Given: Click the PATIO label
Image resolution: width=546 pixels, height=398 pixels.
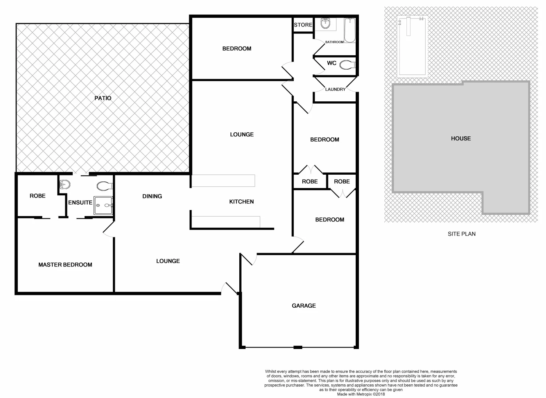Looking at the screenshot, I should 103,98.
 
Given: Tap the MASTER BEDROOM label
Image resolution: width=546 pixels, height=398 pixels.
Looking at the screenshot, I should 65,265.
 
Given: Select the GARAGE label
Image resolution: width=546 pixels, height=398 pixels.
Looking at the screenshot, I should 304,306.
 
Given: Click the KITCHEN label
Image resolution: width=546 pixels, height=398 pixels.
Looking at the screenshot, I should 242,202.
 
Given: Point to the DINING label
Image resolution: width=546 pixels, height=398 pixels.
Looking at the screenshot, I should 152,196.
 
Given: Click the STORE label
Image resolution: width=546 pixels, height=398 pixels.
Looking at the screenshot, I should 303,25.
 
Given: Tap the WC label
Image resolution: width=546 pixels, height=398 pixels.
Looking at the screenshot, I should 331,63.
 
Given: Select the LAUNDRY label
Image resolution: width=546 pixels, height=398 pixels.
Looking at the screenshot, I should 335,89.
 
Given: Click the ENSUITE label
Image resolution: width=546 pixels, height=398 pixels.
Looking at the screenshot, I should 80,202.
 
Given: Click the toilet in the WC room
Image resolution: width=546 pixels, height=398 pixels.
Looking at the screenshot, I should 347,65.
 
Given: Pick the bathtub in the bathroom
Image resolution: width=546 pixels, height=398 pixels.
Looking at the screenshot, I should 350,30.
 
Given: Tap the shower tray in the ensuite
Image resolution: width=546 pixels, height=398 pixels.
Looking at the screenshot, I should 103,205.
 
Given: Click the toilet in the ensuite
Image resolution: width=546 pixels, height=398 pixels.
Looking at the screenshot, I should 105,186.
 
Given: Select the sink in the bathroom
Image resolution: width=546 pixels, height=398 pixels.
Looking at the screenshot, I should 325,24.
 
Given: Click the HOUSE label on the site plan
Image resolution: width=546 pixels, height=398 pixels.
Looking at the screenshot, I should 461,139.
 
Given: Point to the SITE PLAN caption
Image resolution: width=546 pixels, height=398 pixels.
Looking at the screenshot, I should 461,234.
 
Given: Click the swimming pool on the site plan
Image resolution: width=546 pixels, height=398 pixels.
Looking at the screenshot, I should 412,46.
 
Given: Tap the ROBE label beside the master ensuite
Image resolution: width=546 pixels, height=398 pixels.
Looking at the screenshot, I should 38,196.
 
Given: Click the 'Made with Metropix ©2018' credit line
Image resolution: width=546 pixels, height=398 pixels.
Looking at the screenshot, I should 361,394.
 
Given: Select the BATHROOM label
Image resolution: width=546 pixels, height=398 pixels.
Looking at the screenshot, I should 334,42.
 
